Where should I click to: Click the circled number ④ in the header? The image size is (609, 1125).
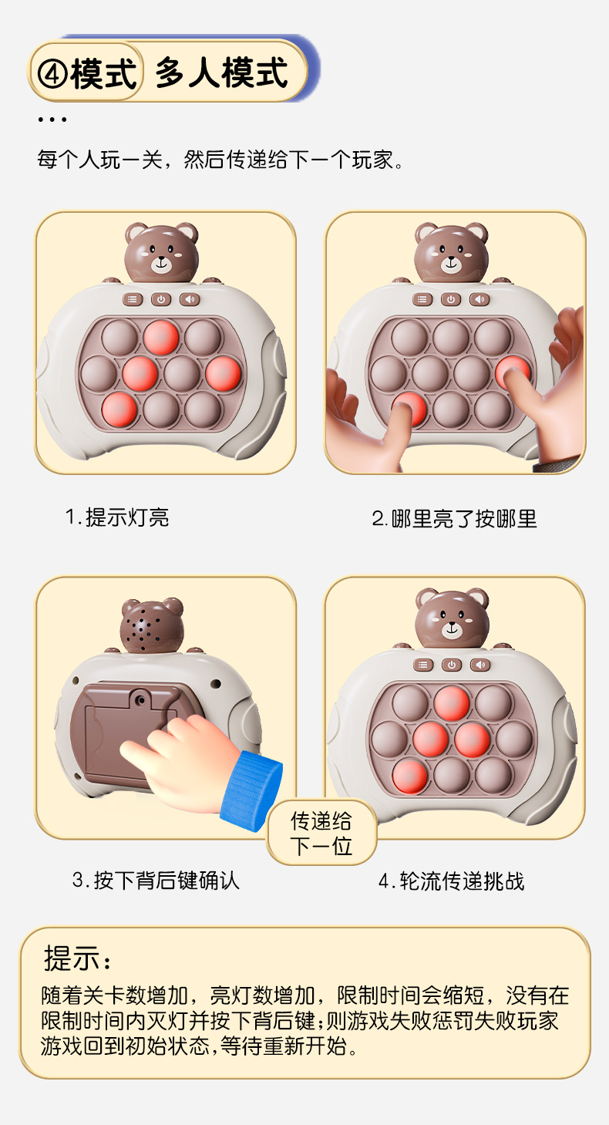(x=52, y=73)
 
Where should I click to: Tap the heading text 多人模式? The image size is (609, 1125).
(x=221, y=73)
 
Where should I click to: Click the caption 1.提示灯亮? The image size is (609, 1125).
(x=116, y=517)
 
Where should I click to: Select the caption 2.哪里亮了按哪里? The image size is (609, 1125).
(x=454, y=519)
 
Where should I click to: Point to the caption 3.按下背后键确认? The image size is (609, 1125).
(x=156, y=880)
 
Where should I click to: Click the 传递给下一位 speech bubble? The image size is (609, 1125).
(x=321, y=834)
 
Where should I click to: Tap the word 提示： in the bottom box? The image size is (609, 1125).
(x=78, y=958)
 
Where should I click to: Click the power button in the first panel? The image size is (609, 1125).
(x=161, y=299)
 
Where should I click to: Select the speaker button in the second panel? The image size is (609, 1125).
(x=479, y=299)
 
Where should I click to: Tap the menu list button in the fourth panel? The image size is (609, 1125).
(x=423, y=665)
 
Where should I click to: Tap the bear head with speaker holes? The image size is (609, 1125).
(x=152, y=624)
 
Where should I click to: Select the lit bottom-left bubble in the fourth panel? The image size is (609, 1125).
(x=410, y=775)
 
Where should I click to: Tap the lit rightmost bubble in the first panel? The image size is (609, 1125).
(x=224, y=373)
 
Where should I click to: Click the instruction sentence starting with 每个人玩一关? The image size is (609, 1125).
(x=220, y=160)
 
